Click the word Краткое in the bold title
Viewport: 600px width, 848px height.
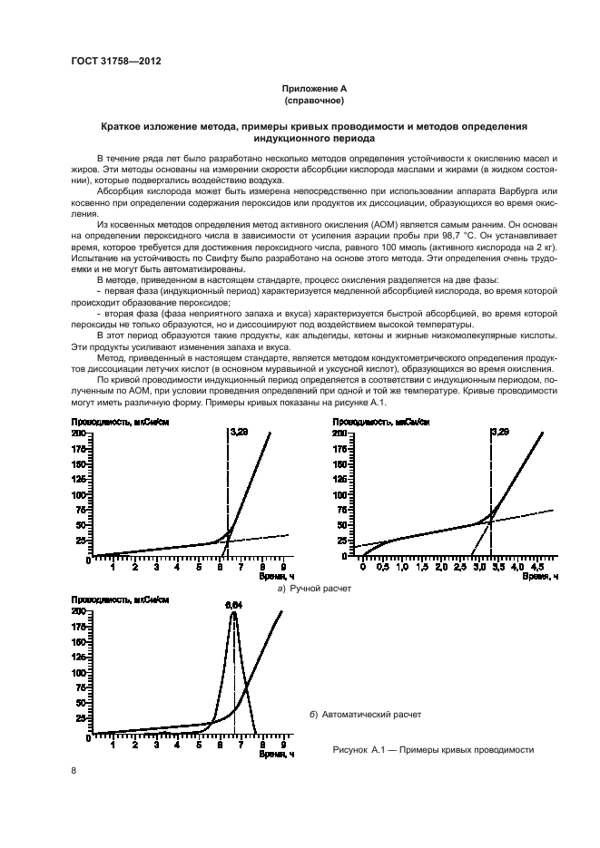tap(123, 128)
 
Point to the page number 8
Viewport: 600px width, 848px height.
tap(74, 770)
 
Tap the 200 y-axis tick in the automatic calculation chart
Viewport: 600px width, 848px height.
tap(79, 611)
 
